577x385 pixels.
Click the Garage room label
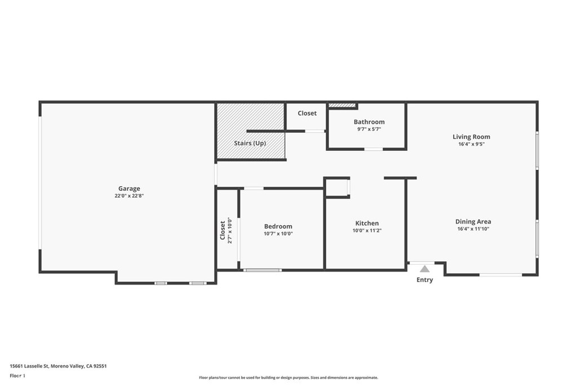[129, 189]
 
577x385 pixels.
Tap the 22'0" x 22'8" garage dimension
[129, 196]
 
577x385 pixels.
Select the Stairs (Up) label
[250, 143]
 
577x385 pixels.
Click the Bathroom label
[369, 122]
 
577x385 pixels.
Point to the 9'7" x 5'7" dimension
[369, 129]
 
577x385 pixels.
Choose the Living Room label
[472, 137]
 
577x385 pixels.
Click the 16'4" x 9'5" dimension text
[472, 144]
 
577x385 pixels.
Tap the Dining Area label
[473, 222]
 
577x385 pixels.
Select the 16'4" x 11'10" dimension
[473, 229]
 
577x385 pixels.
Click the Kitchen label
[367, 223]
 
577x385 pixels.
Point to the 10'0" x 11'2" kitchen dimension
[367, 231]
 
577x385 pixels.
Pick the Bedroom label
[278, 226]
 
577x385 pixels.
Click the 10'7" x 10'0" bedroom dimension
[278, 234]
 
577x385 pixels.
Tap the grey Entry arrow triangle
[425, 269]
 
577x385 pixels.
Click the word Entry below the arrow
[425, 280]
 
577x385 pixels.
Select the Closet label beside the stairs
[307, 113]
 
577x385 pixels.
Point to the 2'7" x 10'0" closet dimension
[230, 230]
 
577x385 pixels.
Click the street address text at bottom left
[58, 366]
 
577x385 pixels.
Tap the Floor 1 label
[17, 376]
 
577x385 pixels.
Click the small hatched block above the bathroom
[342, 106]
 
